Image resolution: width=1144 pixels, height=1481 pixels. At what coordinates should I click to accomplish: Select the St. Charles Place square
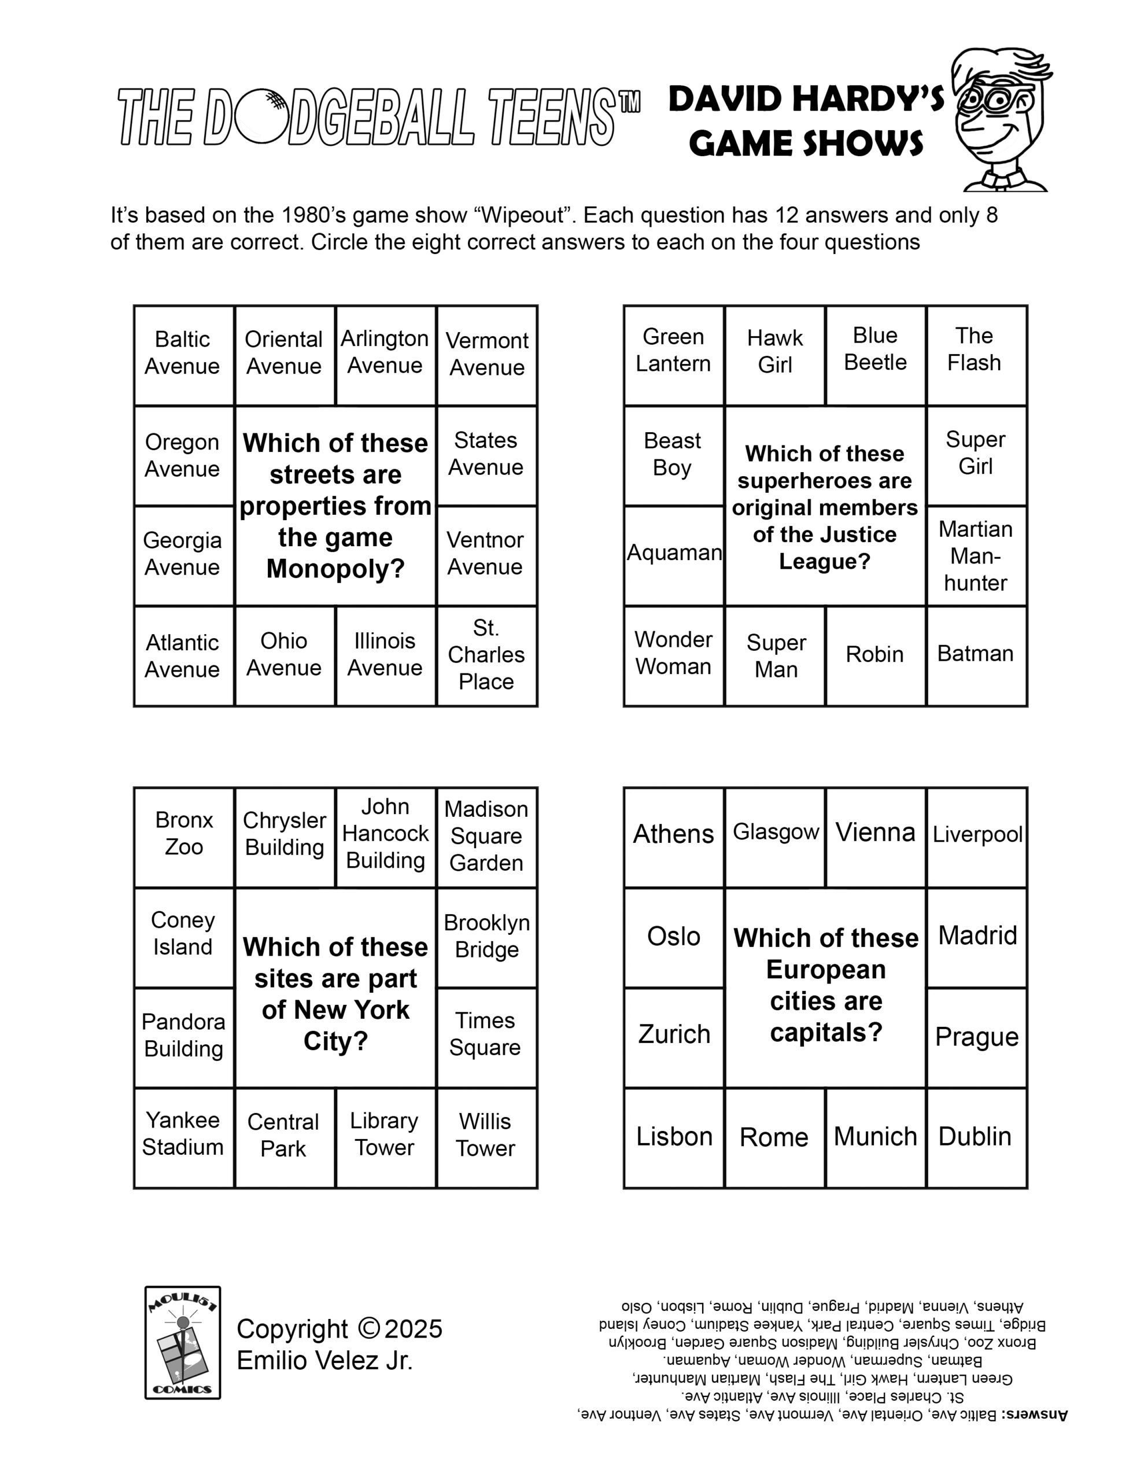[x=487, y=655]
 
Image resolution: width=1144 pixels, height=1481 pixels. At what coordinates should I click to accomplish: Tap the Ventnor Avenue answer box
[x=486, y=555]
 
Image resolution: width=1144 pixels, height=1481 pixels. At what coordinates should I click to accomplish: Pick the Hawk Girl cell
[x=774, y=355]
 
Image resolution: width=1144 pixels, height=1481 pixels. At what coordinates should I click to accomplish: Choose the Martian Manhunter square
[x=976, y=555]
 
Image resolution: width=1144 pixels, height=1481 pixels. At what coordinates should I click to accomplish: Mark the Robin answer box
[x=875, y=655]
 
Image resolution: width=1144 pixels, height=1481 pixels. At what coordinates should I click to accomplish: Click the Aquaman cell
[x=673, y=555]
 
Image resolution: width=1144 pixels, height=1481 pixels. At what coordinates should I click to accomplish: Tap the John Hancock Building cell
[x=385, y=835]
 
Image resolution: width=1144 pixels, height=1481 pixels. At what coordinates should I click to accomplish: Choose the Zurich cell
[x=673, y=1036]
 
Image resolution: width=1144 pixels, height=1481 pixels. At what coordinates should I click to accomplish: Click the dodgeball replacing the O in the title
[x=260, y=116]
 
